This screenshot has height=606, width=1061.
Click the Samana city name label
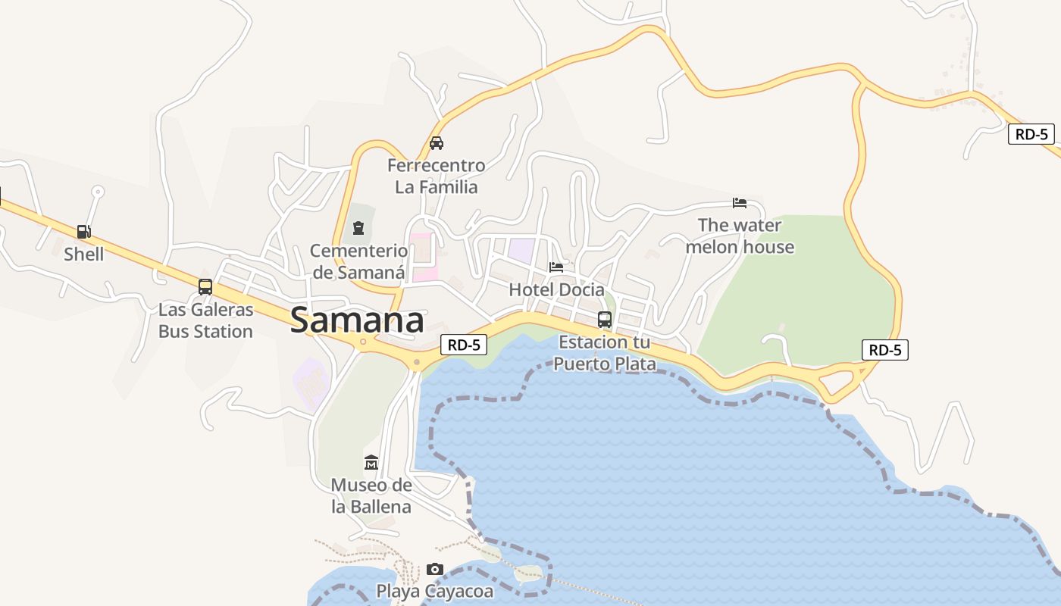coord(357,320)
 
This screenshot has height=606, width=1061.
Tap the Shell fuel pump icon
coord(83,232)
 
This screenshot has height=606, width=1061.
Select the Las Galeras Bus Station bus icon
coord(205,287)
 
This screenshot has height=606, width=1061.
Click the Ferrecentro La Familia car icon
coord(437,142)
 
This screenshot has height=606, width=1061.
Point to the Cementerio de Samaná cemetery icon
coord(358,227)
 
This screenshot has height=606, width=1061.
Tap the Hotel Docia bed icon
coord(556,267)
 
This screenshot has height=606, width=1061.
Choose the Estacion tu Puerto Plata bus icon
coord(604,319)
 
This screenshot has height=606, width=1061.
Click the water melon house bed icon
coord(740,202)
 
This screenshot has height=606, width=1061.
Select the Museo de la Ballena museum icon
coord(371,462)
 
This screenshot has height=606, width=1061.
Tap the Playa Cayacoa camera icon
coord(434,569)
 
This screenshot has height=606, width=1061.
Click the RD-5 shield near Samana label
coord(463,345)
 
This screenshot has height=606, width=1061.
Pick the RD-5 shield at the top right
coord(1031,135)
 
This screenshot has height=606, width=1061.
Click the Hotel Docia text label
coord(557,290)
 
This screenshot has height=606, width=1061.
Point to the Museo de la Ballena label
coord(371,496)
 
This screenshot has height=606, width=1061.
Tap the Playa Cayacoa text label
coord(435,591)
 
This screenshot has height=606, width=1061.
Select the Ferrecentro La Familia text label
coord(437,176)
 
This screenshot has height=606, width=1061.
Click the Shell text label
coord(83,255)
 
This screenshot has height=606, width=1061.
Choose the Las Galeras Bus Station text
coord(205,320)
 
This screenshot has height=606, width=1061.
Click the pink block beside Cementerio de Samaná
coord(422,258)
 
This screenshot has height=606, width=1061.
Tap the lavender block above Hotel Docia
coord(521,250)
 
